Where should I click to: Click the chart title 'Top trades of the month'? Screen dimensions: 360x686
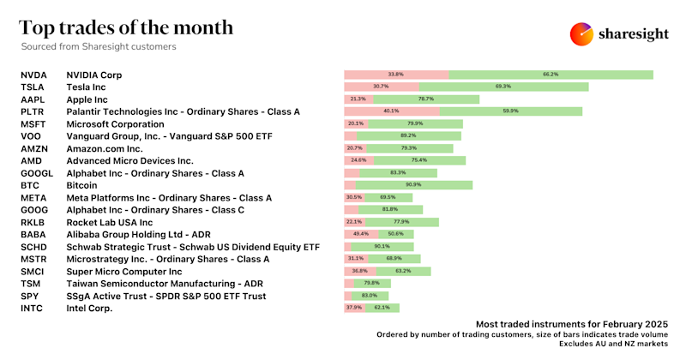coord(126,27)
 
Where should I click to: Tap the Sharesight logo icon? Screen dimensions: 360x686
coord(582,33)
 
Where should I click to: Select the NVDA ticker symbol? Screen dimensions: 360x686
coord(33,75)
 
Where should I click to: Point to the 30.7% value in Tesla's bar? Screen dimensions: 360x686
coord(381,87)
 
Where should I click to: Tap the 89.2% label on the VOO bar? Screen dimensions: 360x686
coord(408,135)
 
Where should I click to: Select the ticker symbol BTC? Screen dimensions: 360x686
coord(30,185)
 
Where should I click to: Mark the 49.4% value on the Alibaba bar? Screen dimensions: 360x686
coord(360,234)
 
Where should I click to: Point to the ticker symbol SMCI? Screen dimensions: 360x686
coord(33,271)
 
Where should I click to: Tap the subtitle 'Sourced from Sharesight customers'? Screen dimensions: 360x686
coord(99,47)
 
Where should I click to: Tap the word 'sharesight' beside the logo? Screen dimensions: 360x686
coord(637,34)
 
